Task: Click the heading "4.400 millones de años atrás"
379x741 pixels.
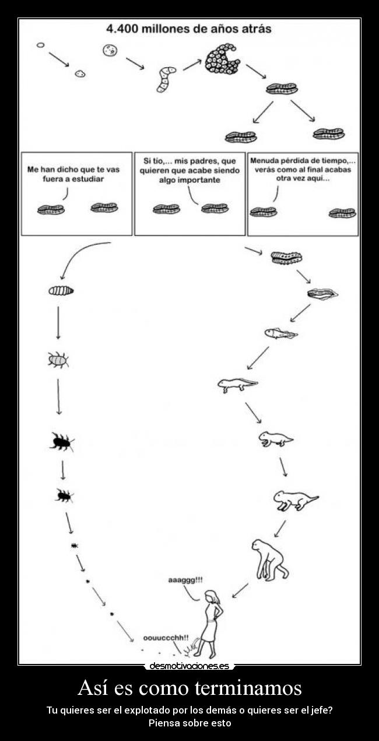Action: (189, 29)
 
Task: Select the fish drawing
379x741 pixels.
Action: (280, 333)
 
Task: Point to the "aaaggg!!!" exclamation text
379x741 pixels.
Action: (185, 580)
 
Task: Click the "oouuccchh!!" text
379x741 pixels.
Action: (166, 638)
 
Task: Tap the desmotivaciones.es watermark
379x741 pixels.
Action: (189, 666)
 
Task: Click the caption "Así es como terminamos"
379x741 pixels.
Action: (189, 687)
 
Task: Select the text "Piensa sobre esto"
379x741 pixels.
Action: (189, 723)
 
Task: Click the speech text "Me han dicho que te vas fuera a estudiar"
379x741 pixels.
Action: (73, 174)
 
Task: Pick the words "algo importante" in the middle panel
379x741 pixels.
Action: (189, 180)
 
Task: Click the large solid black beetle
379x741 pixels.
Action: (61, 442)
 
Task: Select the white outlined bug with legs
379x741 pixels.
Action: (58, 360)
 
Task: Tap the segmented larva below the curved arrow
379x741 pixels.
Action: (61, 290)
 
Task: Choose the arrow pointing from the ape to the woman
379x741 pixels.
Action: (240, 590)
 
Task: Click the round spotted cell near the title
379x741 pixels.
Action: (109, 51)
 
